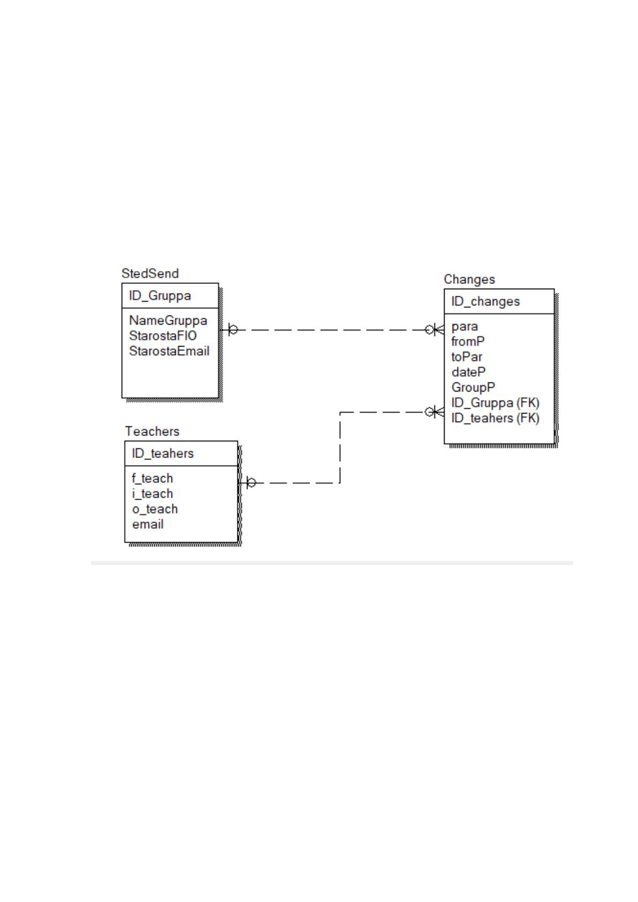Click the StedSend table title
(x=150, y=273)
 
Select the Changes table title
(x=469, y=279)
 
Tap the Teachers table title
(x=152, y=431)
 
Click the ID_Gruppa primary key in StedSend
(x=160, y=296)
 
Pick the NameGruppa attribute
(x=168, y=320)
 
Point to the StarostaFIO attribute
(x=163, y=336)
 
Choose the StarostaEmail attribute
(x=169, y=351)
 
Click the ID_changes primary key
(x=485, y=301)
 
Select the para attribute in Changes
(x=464, y=327)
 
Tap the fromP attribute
(x=468, y=342)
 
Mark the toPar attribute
(x=467, y=357)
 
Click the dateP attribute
(x=468, y=372)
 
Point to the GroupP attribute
(x=473, y=387)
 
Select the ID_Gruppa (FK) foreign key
(x=495, y=403)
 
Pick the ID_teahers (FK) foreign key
(x=495, y=418)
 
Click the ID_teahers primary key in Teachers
(x=163, y=454)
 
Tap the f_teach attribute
(x=152, y=478)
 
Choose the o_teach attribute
(x=155, y=509)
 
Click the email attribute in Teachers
(x=147, y=524)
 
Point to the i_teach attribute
(x=152, y=494)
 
